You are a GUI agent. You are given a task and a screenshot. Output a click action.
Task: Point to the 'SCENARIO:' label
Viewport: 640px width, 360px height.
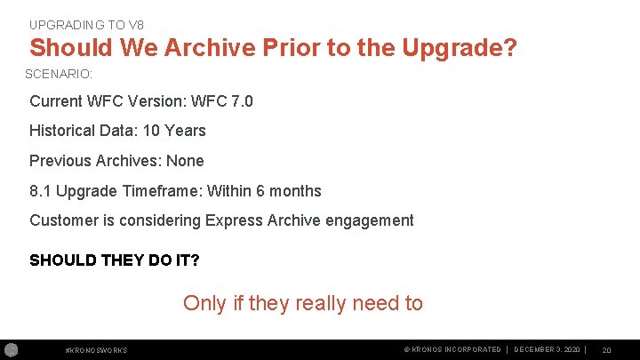point(59,74)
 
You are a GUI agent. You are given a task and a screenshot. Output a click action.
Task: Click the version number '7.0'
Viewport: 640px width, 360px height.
point(241,101)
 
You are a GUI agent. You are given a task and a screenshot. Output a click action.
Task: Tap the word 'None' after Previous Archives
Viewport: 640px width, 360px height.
point(185,161)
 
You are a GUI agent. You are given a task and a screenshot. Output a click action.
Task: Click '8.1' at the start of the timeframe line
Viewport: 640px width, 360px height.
point(40,191)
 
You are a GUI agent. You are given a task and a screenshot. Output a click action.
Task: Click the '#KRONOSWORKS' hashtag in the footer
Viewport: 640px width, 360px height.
point(97,350)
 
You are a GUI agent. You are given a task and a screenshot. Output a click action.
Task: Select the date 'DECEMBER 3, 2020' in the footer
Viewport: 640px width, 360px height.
point(548,349)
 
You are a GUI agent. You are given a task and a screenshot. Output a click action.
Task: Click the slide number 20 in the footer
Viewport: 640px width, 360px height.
point(606,350)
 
